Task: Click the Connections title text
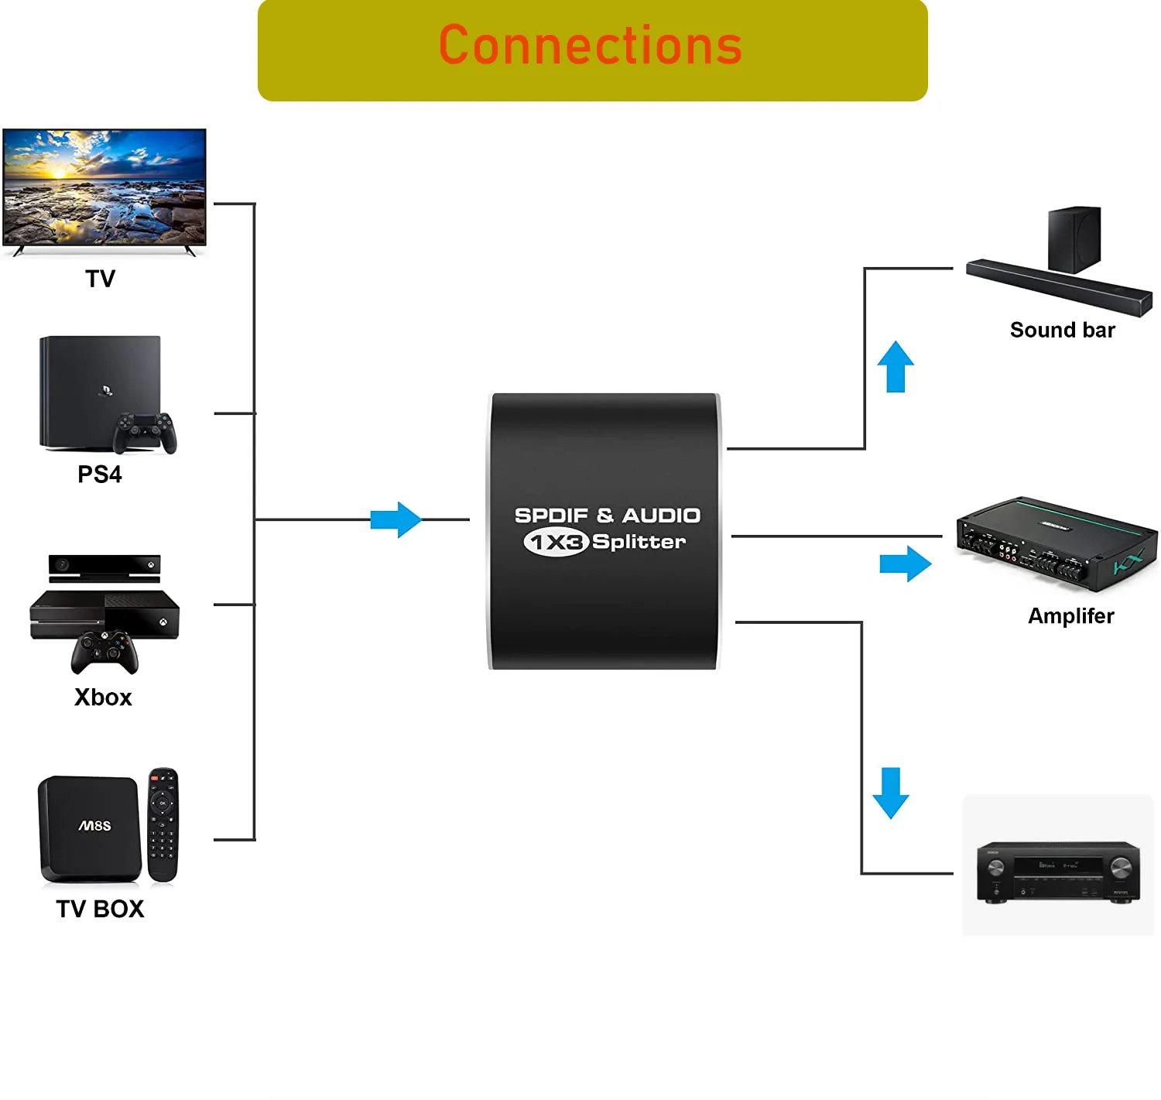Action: click(591, 46)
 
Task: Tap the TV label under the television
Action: click(100, 279)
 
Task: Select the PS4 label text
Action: click(100, 475)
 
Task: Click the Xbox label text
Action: click(103, 697)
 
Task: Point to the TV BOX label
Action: click(100, 909)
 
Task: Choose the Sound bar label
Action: click(1062, 331)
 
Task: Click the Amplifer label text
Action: click(1070, 616)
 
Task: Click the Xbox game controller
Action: click(104, 652)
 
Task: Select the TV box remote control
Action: click(163, 824)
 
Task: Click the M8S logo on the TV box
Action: click(94, 826)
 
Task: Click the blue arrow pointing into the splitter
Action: click(396, 519)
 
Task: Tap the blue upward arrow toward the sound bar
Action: click(896, 367)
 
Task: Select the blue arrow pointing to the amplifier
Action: click(905, 564)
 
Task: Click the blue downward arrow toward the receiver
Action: click(890, 793)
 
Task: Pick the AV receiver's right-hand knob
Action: click(1121, 868)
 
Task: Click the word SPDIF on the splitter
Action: click(551, 516)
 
